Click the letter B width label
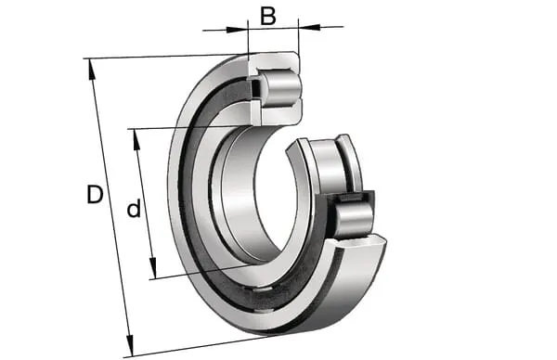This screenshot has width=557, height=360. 268,17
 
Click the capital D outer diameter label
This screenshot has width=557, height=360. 95,194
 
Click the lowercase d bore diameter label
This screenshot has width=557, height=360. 134,209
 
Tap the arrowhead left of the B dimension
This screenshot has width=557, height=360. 237,29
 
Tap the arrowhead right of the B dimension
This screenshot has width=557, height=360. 310,27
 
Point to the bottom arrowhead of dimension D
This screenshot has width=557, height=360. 130,345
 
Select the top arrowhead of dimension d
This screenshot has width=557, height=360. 136,139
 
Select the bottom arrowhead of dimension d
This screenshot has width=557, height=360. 153,268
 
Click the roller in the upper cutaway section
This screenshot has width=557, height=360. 281,88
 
